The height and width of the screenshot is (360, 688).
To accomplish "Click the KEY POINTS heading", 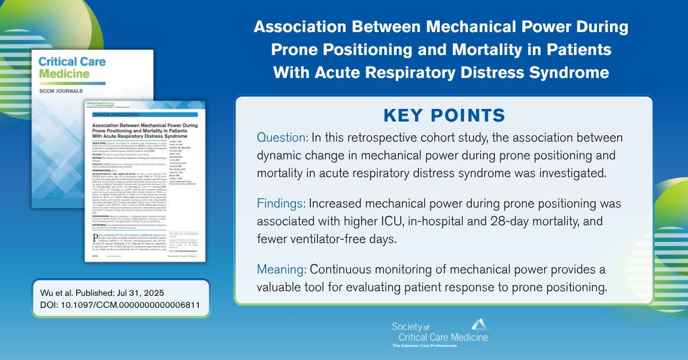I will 444,114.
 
